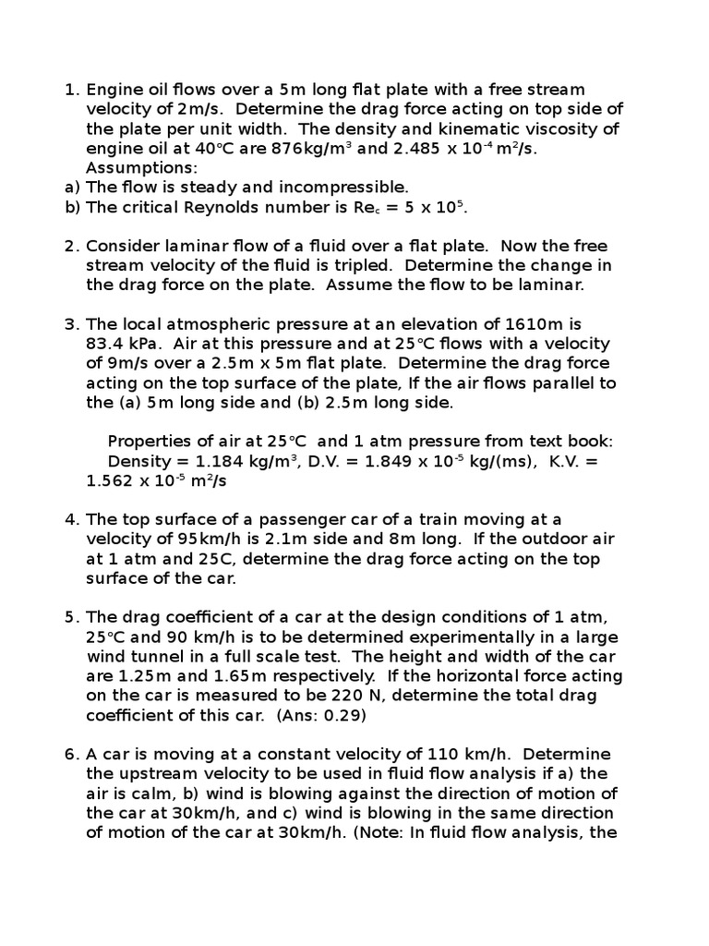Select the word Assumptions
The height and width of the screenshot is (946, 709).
click(x=141, y=167)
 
